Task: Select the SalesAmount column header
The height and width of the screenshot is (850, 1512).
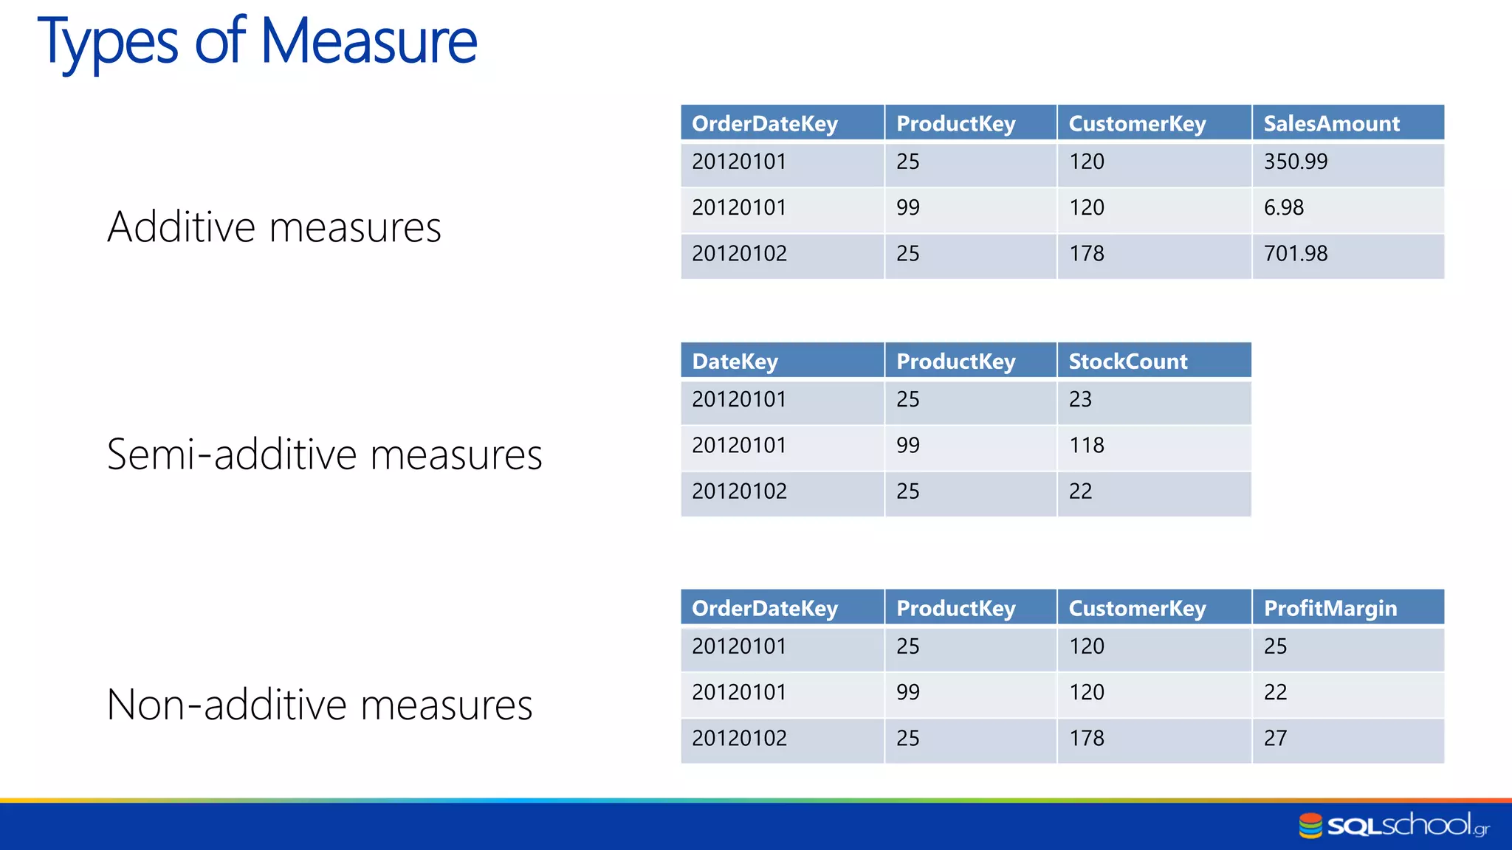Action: coord(1331,123)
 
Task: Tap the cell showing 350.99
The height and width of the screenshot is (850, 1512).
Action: coord(1296,162)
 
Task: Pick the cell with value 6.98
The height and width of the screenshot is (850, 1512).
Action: coord(1284,208)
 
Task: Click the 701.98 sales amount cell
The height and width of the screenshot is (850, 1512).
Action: coord(1296,254)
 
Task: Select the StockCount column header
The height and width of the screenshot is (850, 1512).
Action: coord(1128,361)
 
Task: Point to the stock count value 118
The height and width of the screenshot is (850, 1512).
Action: coord(1087,446)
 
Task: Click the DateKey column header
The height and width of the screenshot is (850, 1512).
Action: coord(735,361)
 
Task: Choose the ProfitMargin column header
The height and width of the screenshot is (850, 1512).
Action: coord(1330,608)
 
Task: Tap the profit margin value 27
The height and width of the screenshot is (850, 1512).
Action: coord(1275,738)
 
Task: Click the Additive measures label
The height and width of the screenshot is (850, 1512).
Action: coord(274,227)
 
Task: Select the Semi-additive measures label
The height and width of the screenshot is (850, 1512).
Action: coord(324,454)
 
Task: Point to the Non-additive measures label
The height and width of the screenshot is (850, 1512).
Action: coord(319,705)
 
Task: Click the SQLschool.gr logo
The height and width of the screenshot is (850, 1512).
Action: coord(1394,825)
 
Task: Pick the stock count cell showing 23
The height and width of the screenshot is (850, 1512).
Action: coord(1080,400)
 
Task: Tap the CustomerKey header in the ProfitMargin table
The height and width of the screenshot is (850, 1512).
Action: coord(1137,608)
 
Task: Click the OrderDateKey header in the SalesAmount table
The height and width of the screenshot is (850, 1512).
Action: coord(764,123)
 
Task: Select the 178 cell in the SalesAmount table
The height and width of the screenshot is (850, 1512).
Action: coord(1087,254)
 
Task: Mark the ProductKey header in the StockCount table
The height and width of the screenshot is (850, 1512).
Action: coord(955,361)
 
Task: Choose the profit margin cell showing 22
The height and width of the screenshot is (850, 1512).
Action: coord(1275,692)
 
